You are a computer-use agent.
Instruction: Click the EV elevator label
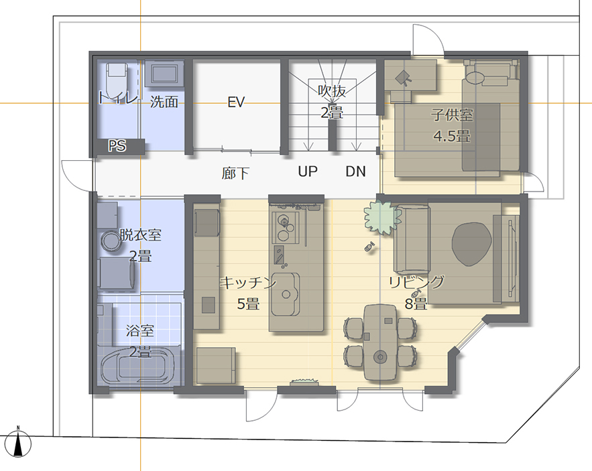[237, 102]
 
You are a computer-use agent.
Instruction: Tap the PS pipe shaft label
[117, 145]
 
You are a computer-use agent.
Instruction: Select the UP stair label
[308, 172]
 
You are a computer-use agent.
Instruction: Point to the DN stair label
[355, 172]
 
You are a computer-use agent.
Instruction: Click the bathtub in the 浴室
[138, 365]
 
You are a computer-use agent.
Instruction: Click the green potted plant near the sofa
[382, 218]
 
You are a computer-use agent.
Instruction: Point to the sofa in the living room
[411, 239]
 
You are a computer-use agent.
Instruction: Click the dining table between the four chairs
[380, 342]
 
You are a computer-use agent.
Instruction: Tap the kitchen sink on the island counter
[286, 294]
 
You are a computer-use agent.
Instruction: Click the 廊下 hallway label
[235, 174]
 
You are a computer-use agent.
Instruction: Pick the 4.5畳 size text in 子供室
[452, 136]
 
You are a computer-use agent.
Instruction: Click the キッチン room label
[249, 283]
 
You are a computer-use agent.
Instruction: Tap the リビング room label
[417, 282]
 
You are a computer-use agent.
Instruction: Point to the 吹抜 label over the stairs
[332, 90]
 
